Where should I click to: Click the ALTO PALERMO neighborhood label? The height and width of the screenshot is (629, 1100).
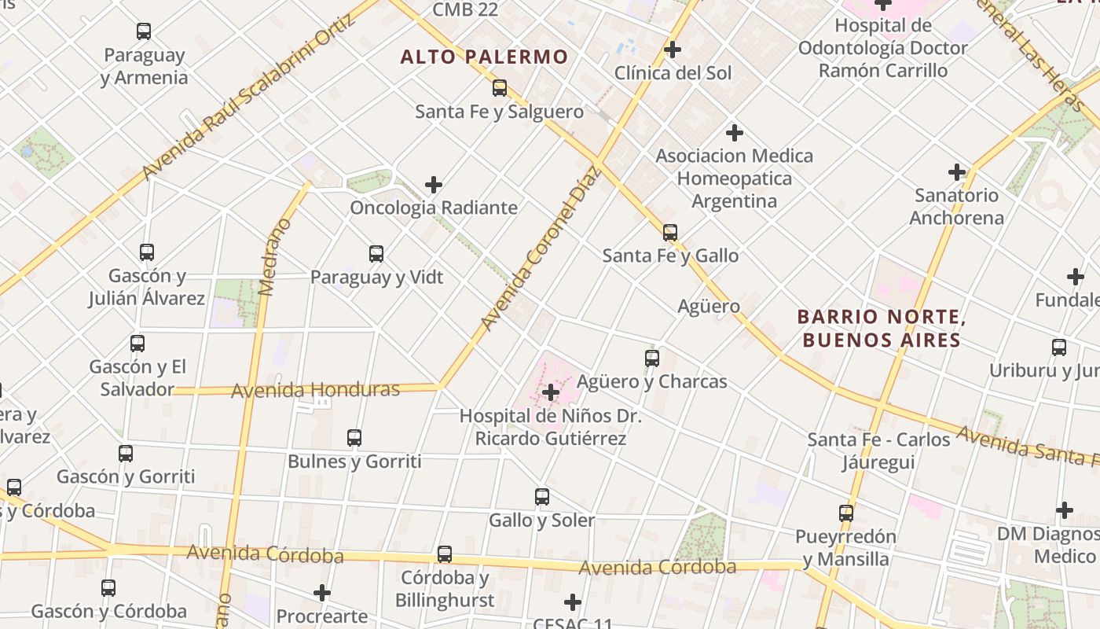click(x=484, y=57)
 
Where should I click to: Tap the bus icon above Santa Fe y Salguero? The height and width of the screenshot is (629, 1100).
click(x=500, y=88)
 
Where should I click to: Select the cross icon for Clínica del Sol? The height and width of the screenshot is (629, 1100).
click(x=673, y=50)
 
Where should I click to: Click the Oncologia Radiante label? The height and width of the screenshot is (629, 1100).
click(x=434, y=208)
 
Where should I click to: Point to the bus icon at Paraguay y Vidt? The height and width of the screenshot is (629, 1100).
click(x=376, y=254)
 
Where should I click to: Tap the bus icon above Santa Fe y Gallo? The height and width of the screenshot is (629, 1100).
click(x=670, y=233)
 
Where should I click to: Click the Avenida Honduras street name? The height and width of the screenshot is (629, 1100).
click(x=315, y=389)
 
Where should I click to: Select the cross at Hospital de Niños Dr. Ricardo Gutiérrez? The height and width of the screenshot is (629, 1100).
click(x=551, y=392)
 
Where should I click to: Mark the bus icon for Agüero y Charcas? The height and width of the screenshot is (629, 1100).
click(x=652, y=359)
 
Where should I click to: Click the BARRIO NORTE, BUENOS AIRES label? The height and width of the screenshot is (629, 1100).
click(x=881, y=329)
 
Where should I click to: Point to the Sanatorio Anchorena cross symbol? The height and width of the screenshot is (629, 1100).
click(x=957, y=172)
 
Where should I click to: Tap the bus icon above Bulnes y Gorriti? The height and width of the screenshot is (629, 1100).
click(x=354, y=438)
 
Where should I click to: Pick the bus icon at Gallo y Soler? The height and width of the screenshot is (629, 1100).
click(x=542, y=497)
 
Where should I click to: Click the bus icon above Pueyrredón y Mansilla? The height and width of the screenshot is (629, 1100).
click(x=846, y=513)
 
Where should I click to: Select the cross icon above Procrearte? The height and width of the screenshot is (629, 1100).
click(x=322, y=592)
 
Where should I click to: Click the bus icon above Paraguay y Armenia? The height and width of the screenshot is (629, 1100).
click(x=144, y=32)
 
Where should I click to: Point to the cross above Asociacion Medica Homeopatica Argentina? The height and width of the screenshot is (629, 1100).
click(x=735, y=133)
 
